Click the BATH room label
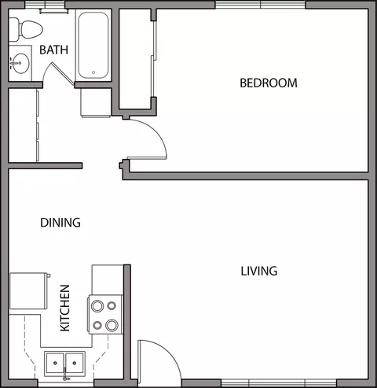tap(53, 50)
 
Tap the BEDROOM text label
tap(269, 83)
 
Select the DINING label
tap(60, 223)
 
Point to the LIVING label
tap(259, 271)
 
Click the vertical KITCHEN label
tap(65, 308)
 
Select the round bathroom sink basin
tap(20, 63)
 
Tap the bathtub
tap(93, 45)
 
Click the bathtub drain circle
tap(93, 72)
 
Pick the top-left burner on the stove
tap(97, 306)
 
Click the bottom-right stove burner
tap(112, 325)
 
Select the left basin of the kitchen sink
tap(55, 363)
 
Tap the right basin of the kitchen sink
tap(75, 363)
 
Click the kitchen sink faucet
tap(65, 375)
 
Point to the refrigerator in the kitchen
tap(29, 291)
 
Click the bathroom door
tap(63, 74)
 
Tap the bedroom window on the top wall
tap(261, 5)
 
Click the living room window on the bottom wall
tap(279, 383)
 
